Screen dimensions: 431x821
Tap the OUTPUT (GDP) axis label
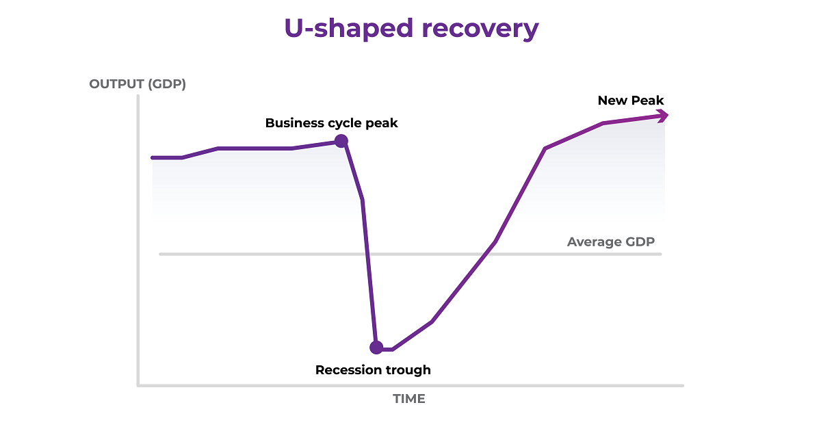pyautogui.click(x=138, y=85)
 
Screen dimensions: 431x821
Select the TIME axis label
pyautogui.click(x=409, y=399)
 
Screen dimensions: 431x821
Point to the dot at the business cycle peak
pyautogui.click(x=341, y=141)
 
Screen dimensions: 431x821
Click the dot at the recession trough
pyautogui.click(x=376, y=348)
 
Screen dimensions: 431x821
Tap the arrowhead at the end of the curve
pyautogui.click(x=662, y=116)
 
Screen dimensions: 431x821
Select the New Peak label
pyautogui.click(x=631, y=101)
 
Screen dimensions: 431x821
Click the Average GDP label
pyautogui.click(x=611, y=241)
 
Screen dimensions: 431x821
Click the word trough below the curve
pyautogui.click(x=406, y=370)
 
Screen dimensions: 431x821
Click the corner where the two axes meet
pyautogui.click(x=138, y=385)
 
